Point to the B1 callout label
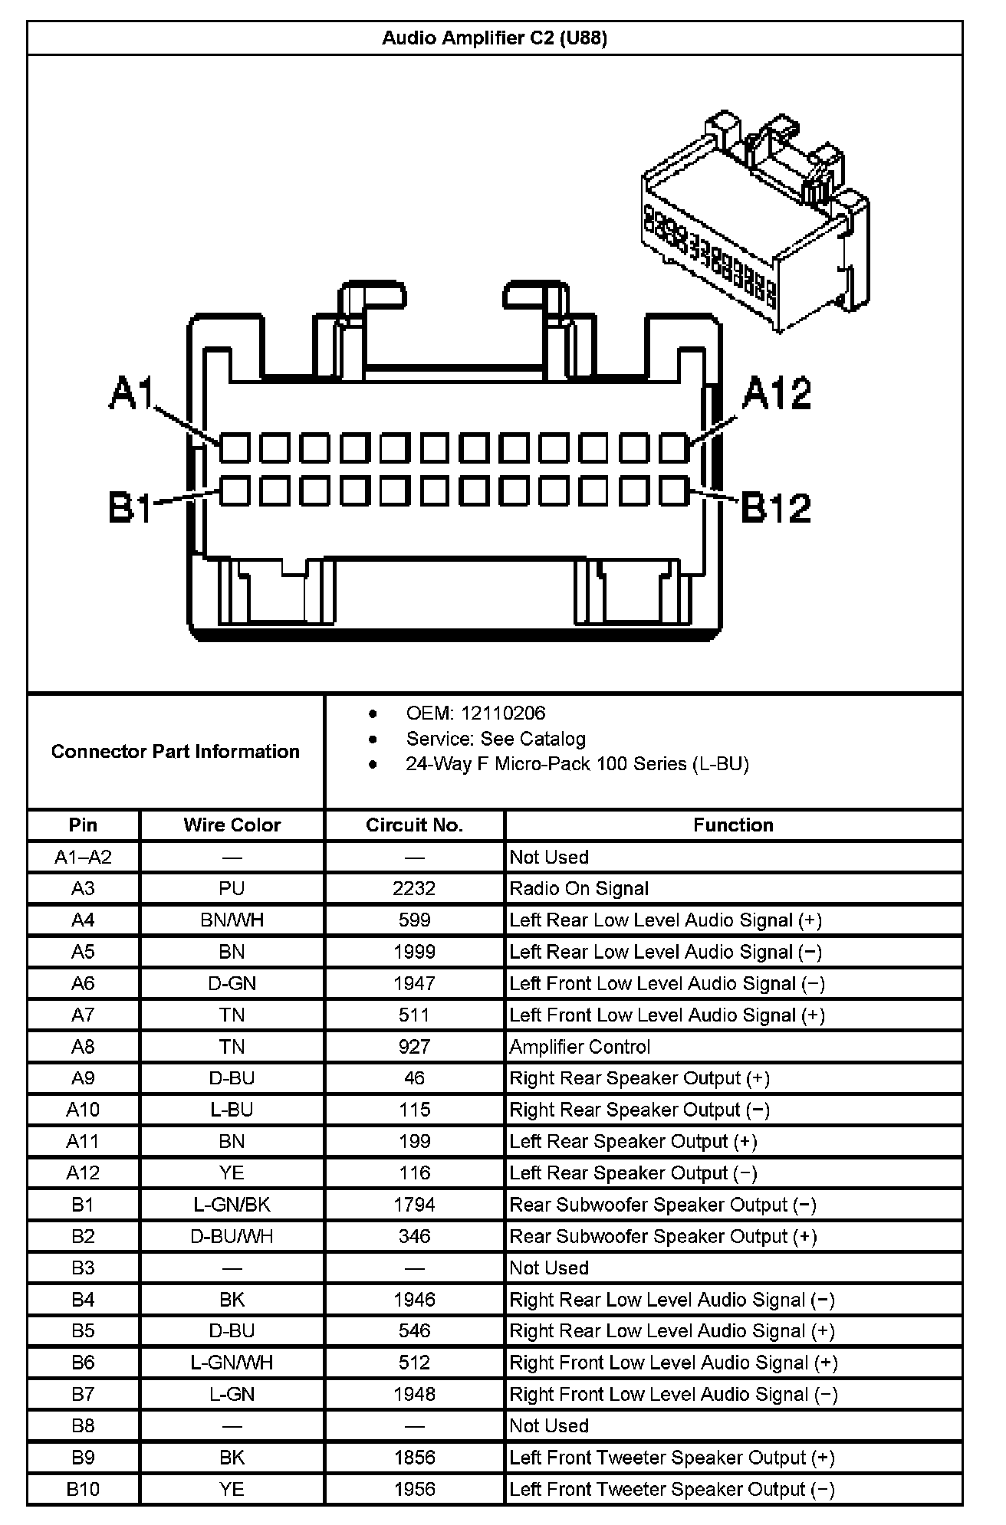pos(130,507)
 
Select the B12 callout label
pos(776,507)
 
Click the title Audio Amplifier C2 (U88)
pos(495,38)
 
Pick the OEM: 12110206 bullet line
pos(475,713)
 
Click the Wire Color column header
pos(232,825)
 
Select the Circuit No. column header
pos(414,825)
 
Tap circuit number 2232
pos(414,889)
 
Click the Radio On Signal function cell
pos(579,889)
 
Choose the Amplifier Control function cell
pos(580,1047)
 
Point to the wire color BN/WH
pos(232,920)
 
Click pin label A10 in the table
pos(83,1110)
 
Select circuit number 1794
pos(414,1205)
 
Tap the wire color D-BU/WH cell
pos(232,1236)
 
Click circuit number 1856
pos(414,1458)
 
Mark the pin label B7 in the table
pos(83,1394)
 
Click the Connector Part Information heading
pos(176,751)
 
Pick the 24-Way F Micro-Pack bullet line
pos(577,764)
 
